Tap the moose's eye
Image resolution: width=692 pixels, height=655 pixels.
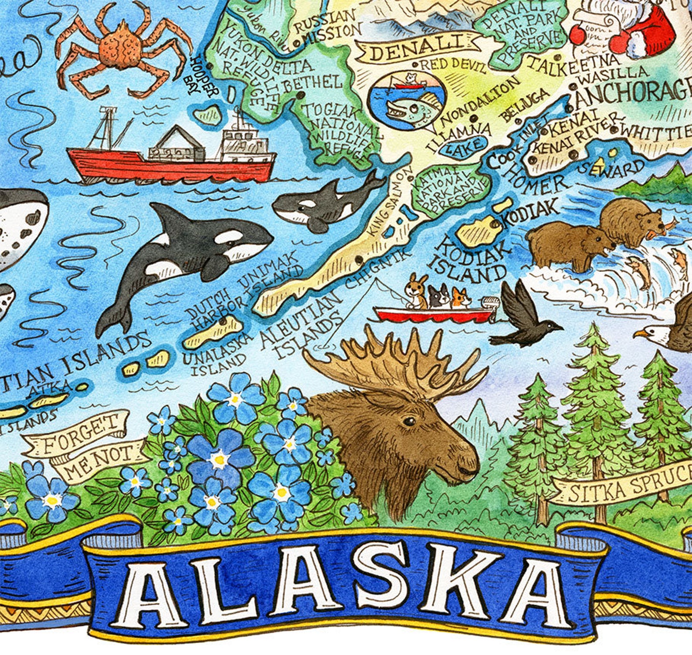pyautogui.click(x=409, y=421)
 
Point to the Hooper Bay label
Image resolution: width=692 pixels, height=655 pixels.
pyautogui.click(x=205, y=78)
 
